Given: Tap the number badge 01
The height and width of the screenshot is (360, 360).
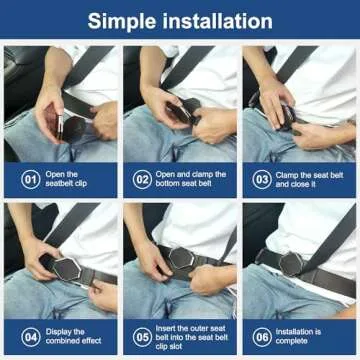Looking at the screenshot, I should pos(31,179).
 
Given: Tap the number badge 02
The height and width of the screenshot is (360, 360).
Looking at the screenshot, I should pos(144,179).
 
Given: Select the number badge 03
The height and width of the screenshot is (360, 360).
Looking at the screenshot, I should pos(262,179).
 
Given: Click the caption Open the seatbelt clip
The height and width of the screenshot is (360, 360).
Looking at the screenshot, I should pos(73,179).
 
